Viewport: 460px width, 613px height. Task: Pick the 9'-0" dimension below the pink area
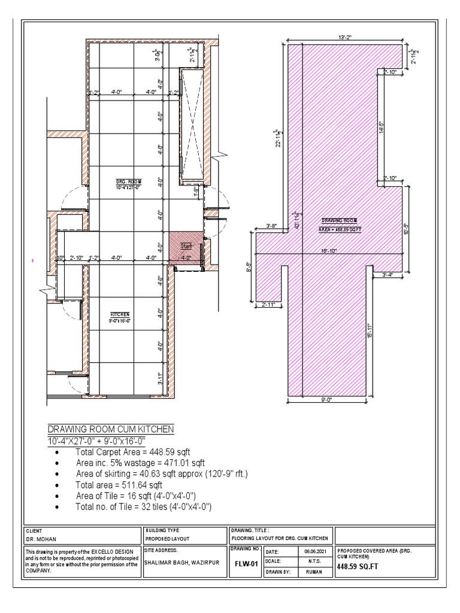click(326, 400)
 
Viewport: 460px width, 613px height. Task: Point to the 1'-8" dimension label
click(196, 192)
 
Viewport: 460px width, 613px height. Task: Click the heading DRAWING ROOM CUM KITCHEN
click(111, 429)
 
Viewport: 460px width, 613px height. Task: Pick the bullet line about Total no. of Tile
click(143, 507)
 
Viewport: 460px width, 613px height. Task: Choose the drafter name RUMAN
click(314, 572)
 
